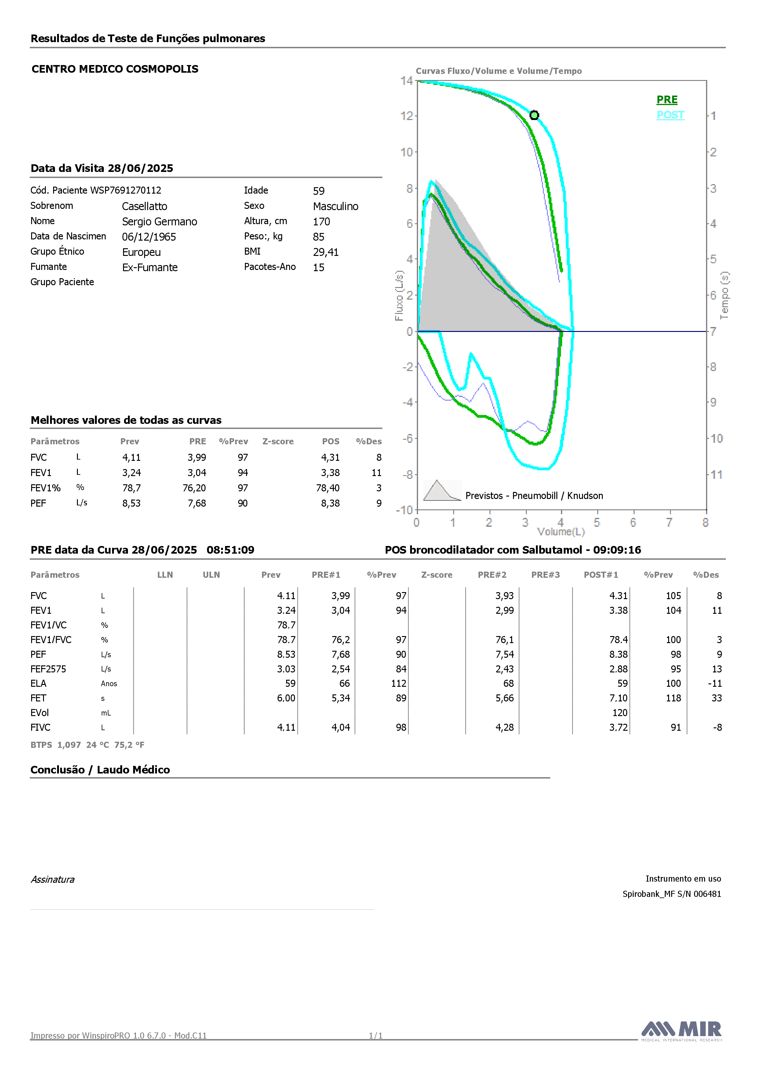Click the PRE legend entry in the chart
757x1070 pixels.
667,100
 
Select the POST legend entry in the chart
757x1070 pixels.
670,115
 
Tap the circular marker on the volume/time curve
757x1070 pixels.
534,115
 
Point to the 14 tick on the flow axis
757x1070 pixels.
406,81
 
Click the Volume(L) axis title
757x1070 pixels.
561,532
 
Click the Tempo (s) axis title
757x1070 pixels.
724,296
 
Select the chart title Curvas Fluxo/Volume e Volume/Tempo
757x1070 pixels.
499,71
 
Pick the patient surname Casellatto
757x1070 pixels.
144,206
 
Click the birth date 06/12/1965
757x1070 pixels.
149,237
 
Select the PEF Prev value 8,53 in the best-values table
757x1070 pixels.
131,503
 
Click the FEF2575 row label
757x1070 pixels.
49,669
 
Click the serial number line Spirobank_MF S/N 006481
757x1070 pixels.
672,894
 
